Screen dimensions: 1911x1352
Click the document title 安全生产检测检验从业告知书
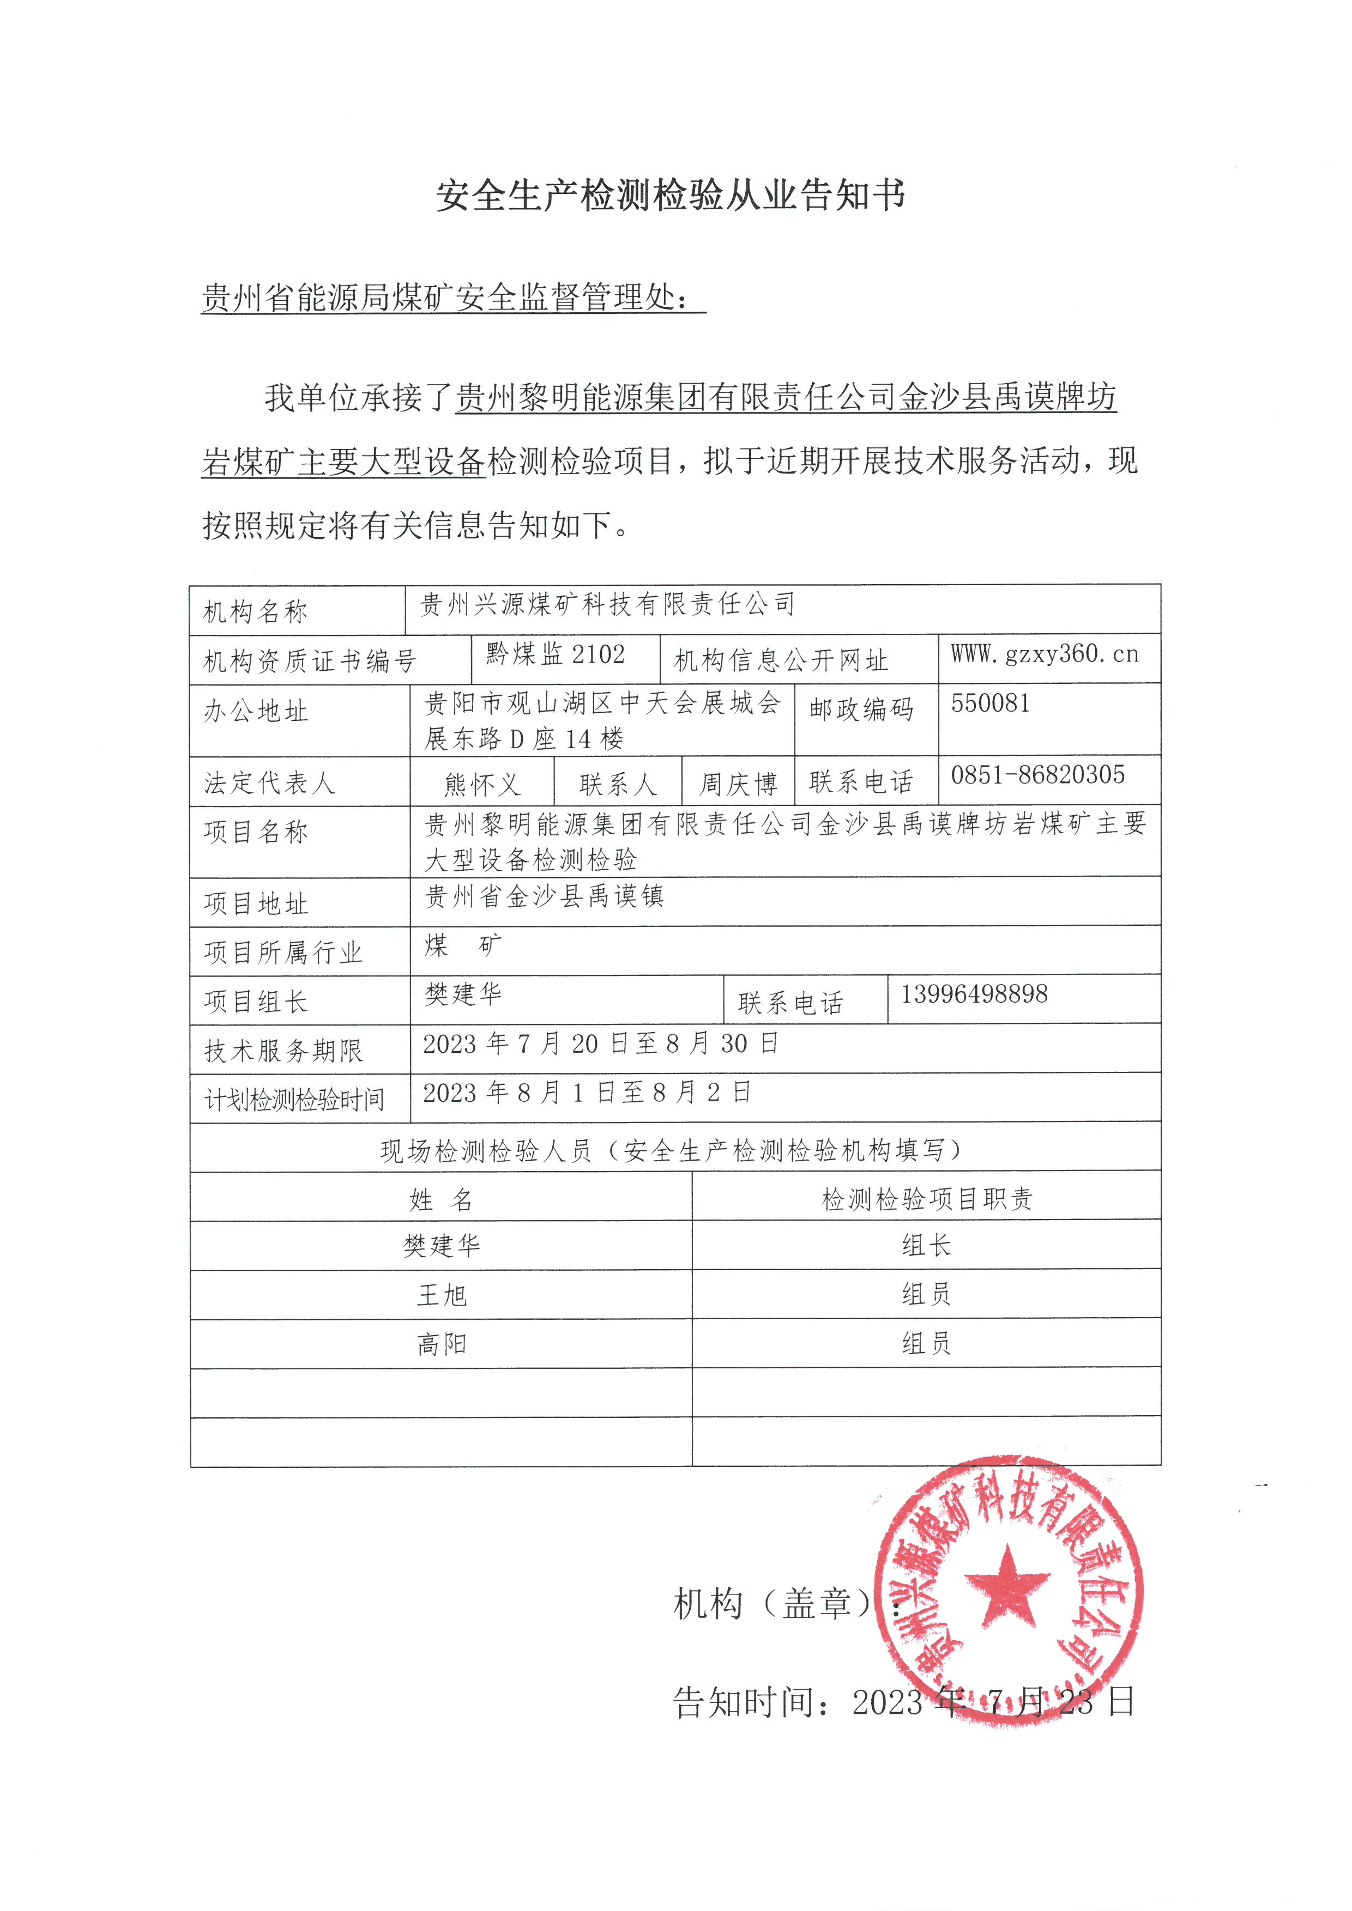click(x=671, y=196)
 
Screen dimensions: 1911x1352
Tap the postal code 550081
click(x=991, y=703)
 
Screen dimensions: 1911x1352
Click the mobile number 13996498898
click(x=974, y=994)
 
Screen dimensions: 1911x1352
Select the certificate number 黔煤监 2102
click(x=556, y=655)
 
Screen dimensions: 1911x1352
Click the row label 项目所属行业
click(x=283, y=952)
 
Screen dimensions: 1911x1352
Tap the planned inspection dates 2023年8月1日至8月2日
click(x=587, y=1093)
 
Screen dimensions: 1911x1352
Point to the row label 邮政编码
click(x=862, y=709)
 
